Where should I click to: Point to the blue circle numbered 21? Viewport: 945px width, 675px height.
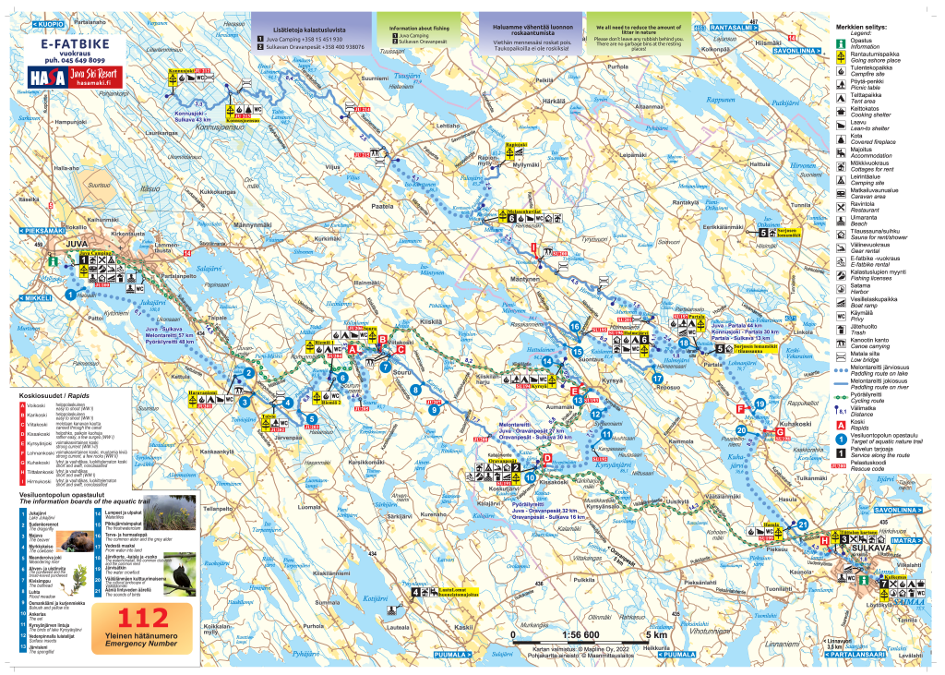804,524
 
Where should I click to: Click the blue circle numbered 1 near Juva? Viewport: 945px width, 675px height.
70,295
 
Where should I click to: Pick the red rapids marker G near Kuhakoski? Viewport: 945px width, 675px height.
779,431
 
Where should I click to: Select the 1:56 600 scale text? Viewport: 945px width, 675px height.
580,635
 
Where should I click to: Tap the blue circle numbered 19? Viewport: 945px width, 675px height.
759,404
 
